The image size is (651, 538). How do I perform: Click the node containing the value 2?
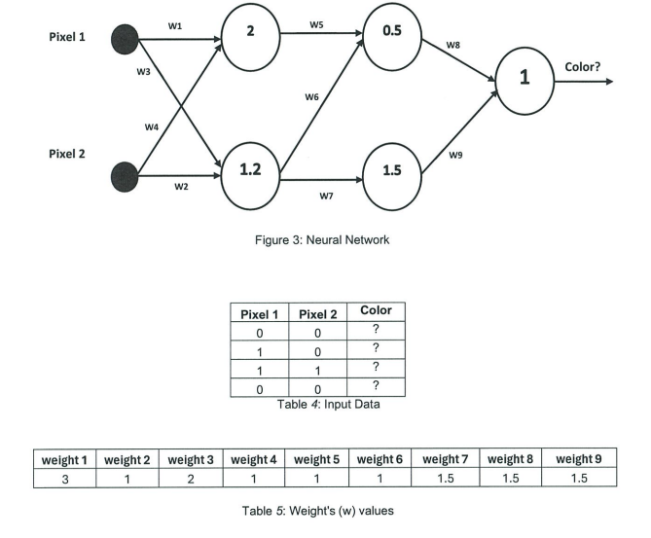click(x=251, y=31)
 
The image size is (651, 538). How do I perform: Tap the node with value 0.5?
click(x=392, y=31)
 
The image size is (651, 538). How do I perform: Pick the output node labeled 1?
click(x=525, y=80)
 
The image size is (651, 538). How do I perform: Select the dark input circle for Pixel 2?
click(x=126, y=176)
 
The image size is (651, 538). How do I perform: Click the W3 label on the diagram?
click(x=144, y=70)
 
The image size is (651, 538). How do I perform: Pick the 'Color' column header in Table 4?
click(x=376, y=311)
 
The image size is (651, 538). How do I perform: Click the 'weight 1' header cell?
click(x=63, y=459)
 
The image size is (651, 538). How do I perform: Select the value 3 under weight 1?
click(x=63, y=478)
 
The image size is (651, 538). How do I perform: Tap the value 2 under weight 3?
click(x=191, y=478)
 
